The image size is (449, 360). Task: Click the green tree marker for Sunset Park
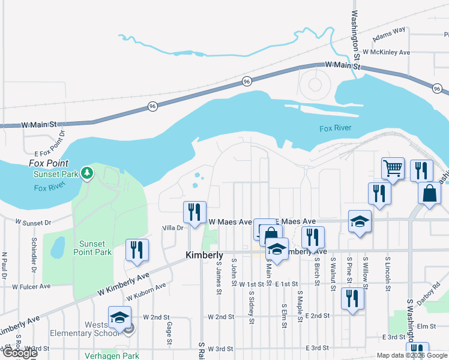tap(88, 173)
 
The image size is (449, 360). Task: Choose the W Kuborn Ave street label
tap(146, 292)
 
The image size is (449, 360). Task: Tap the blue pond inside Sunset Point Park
tap(58, 246)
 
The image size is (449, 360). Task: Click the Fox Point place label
tap(48, 163)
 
